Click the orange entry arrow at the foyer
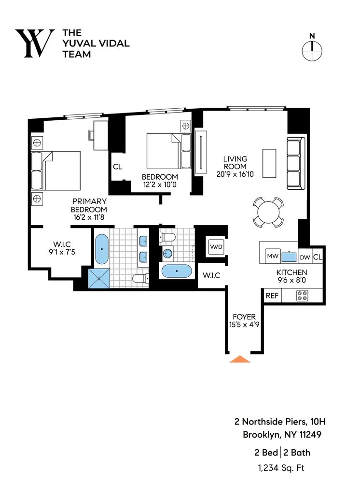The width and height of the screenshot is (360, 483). point(239,359)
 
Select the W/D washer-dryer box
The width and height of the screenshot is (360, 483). point(215,247)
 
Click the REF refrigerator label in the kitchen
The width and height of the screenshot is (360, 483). point(272,296)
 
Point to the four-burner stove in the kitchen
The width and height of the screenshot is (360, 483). point(302,296)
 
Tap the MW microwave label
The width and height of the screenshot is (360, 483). point(273,256)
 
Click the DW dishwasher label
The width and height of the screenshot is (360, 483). point(305,257)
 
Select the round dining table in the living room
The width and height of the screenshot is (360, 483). point(268,212)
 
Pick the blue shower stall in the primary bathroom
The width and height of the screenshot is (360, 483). point(99,279)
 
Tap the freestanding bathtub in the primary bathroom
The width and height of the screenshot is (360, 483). point(101,249)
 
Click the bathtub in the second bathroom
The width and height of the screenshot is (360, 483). point(177,271)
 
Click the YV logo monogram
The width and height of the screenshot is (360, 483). point(34,43)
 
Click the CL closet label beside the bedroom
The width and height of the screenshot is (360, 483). point(117,167)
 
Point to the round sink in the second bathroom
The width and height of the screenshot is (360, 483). point(167,253)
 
